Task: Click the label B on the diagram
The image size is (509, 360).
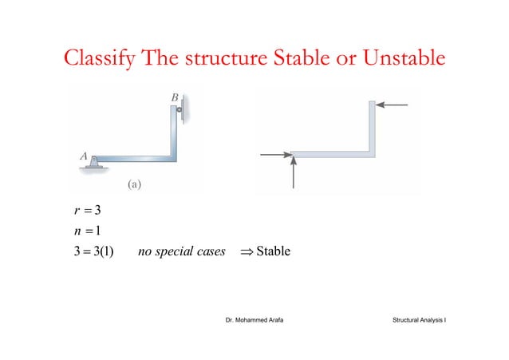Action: click(175, 97)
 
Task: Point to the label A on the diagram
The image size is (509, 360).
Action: click(83, 157)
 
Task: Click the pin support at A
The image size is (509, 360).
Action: click(95, 163)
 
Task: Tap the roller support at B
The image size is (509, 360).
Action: click(181, 109)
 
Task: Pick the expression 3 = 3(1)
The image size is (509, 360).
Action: click(94, 253)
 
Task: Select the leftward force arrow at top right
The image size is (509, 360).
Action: click(392, 105)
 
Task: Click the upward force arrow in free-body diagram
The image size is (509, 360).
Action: click(294, 172)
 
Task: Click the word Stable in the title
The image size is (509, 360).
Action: click(305, 58)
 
